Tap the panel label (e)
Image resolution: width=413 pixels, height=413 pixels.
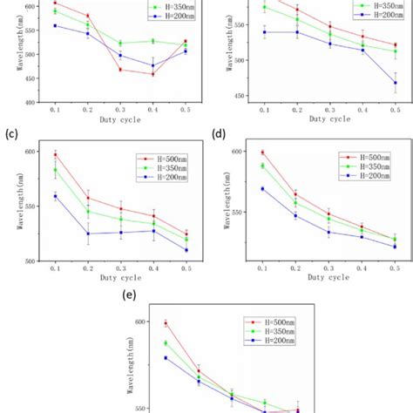coord(131,295)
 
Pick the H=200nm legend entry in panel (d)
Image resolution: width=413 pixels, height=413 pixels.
coord(365,176)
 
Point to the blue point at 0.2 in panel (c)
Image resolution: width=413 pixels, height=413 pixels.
coord(88,234)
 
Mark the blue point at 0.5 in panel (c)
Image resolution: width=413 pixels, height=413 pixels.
coord(186,250)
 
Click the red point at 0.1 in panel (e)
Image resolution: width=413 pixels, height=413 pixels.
coord(166,323)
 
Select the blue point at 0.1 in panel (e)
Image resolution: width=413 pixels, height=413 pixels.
coord(166,357)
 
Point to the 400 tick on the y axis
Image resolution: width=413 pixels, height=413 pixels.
coord(29,102)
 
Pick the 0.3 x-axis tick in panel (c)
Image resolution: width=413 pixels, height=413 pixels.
coord(121,269)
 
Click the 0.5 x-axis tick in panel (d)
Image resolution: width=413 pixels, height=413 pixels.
coord(395,269)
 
